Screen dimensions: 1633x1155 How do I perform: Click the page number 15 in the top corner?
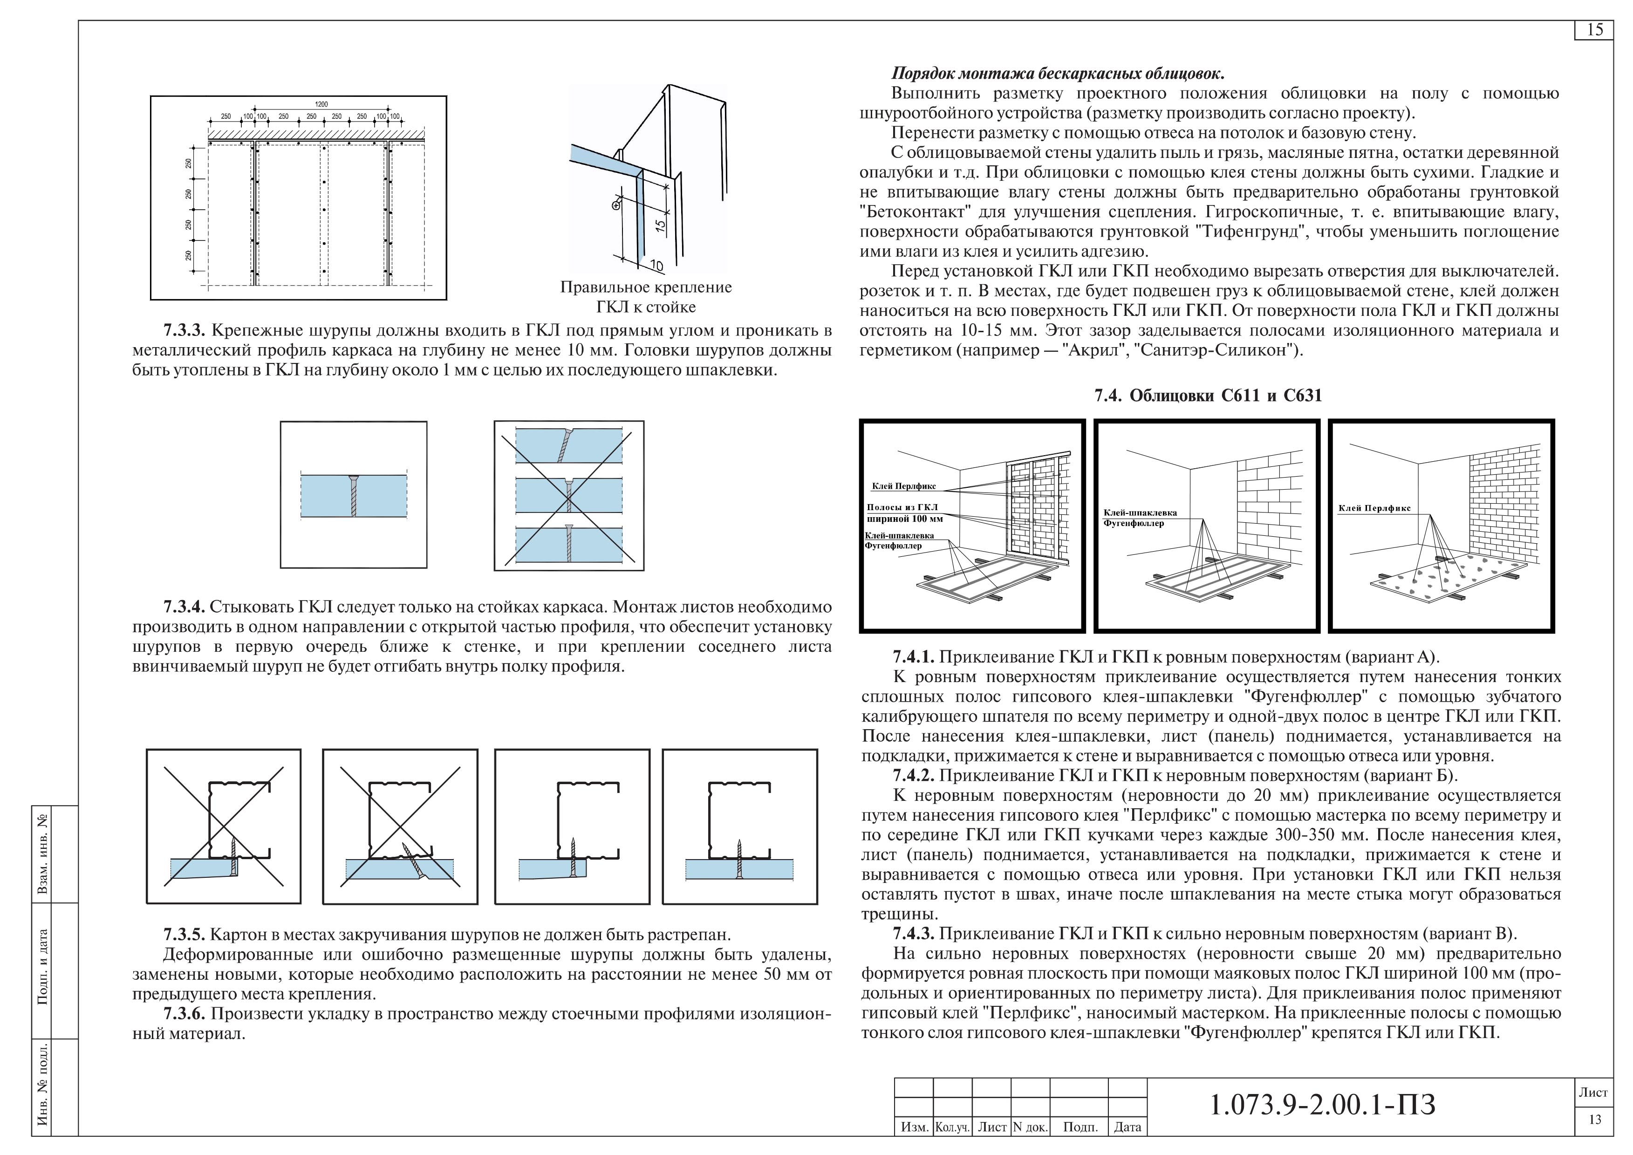[x=1595, y=30]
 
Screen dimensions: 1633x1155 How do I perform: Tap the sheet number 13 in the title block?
[x=1595, y=1120]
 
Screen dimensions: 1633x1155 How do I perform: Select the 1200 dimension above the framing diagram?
[x=321, y=104]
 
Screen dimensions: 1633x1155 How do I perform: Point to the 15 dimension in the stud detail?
[x=659, y=226]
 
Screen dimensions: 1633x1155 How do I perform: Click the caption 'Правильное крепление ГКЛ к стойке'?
[x=646, y=297]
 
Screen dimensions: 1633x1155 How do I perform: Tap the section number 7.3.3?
[x=184, y=331]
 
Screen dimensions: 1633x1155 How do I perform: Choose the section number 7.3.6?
[x=184, y=1013]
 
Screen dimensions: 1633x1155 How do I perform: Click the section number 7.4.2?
[x=914, y=775]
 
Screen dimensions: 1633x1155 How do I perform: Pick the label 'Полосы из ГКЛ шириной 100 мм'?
[x=903, y=513]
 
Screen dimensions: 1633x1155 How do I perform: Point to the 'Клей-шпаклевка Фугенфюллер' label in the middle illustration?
[x=1140, y=518]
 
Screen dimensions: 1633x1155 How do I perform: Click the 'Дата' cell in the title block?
[x=1127, y=1127]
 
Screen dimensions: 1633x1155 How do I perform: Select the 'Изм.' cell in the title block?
[x=914, y=1127]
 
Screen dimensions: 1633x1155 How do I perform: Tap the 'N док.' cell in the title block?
[x=1029, y=1127]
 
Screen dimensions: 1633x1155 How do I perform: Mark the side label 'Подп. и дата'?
[x=43, y=967]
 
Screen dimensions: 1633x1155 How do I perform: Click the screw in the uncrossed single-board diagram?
[x=354, y=496]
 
